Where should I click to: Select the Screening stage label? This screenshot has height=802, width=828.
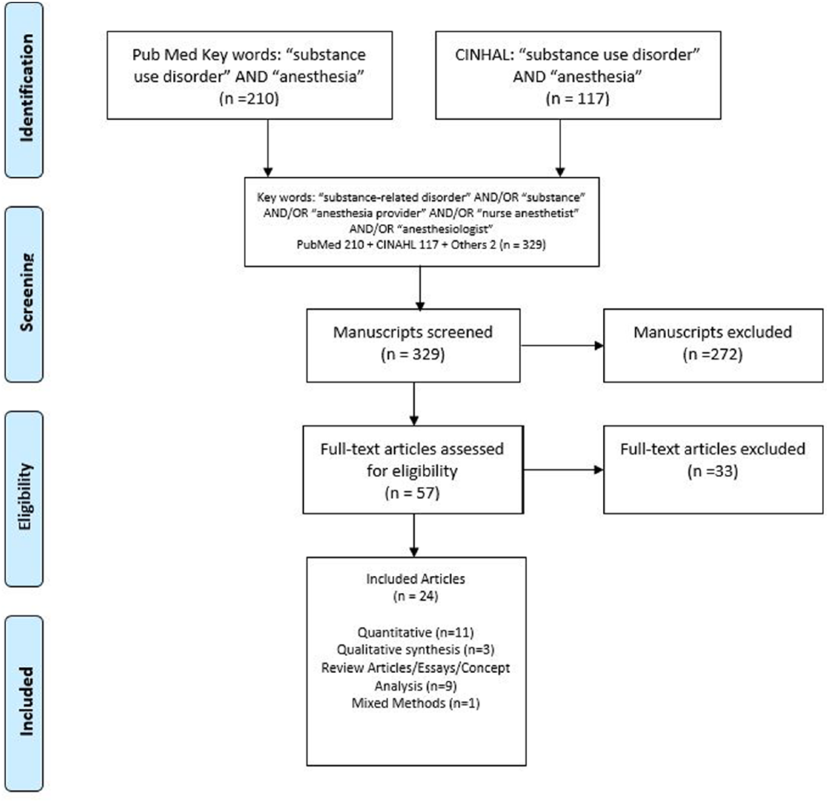(26, 292)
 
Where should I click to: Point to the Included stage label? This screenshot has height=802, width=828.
(26, 701)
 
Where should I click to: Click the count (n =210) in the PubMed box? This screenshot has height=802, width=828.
(249, 98)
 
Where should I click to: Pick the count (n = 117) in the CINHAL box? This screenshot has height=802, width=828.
(577, 98)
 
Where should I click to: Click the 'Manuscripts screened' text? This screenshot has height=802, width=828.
(413, 332)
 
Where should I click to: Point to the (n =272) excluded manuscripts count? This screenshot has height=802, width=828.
(713, 354)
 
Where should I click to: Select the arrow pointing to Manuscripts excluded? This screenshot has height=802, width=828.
(562, 345)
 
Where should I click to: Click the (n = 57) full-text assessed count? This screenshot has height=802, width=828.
(412, 493)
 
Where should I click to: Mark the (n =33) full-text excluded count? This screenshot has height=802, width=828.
(713, 471)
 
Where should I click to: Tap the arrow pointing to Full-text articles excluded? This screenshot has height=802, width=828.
(564, 470)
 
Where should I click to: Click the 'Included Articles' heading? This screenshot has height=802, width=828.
(416, 579)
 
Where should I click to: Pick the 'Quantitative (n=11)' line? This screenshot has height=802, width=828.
(416, 632)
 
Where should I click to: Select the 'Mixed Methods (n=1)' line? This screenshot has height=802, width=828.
(416, 703)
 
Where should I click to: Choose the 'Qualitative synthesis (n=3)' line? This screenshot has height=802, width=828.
(416, 649)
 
